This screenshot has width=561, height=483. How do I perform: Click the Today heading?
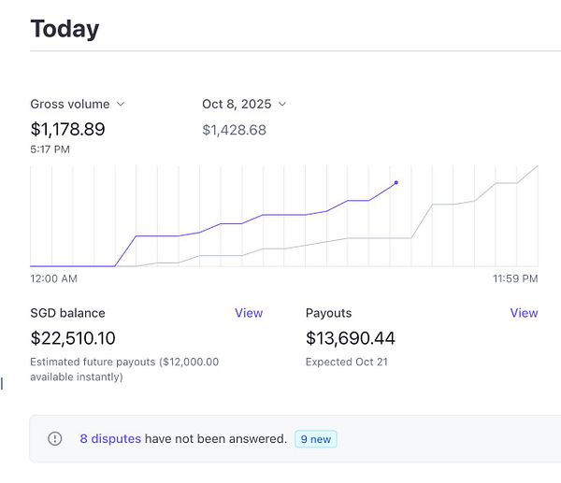pyautogui.click(x=65, y=28)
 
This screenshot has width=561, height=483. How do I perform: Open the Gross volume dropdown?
pyautogui.click(x=78, y=104)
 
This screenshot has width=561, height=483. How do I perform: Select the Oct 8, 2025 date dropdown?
pyautogui.click(x=244, y=104)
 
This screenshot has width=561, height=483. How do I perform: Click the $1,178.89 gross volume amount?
pyautogui.click(x=67, y=129)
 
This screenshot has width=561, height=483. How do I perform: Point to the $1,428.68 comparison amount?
pyautogui.click(x=234, y=130)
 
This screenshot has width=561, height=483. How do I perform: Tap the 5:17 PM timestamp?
pyautogui.click(x=50, y=149)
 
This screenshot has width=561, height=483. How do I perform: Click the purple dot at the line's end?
pyautogui.click(x=396, y=182)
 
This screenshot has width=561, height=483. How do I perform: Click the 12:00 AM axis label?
pyautogui.click(x=53, y=278)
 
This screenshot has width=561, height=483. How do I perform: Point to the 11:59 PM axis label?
pyautogui.click(x=516, y=278)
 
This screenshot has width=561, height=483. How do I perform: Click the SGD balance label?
pyautogui.click(x=67, y=313)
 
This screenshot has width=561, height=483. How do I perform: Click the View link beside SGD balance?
pyautogui.click(x=249, y=313)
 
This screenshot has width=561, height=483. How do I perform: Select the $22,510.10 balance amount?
pyautogui.click(x=73, y=338)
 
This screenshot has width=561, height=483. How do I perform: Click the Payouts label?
pyautogui.click(x=328, y=313)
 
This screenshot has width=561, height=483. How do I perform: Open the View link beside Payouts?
pyautogui.click(x=524, y=313)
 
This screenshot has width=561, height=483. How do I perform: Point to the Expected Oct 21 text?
pyautogui.click(x=346, y=362)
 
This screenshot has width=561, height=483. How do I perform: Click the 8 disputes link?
pyautogui.click(x=110, y=438)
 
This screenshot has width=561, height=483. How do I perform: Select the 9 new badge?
pyautogui.click(x=315, y=438)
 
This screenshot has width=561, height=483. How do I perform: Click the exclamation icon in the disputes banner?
pyautogui.click(x=55, y=438)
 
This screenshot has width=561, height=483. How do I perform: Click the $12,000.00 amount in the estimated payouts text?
pyautogui.click(x=190, y=362)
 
